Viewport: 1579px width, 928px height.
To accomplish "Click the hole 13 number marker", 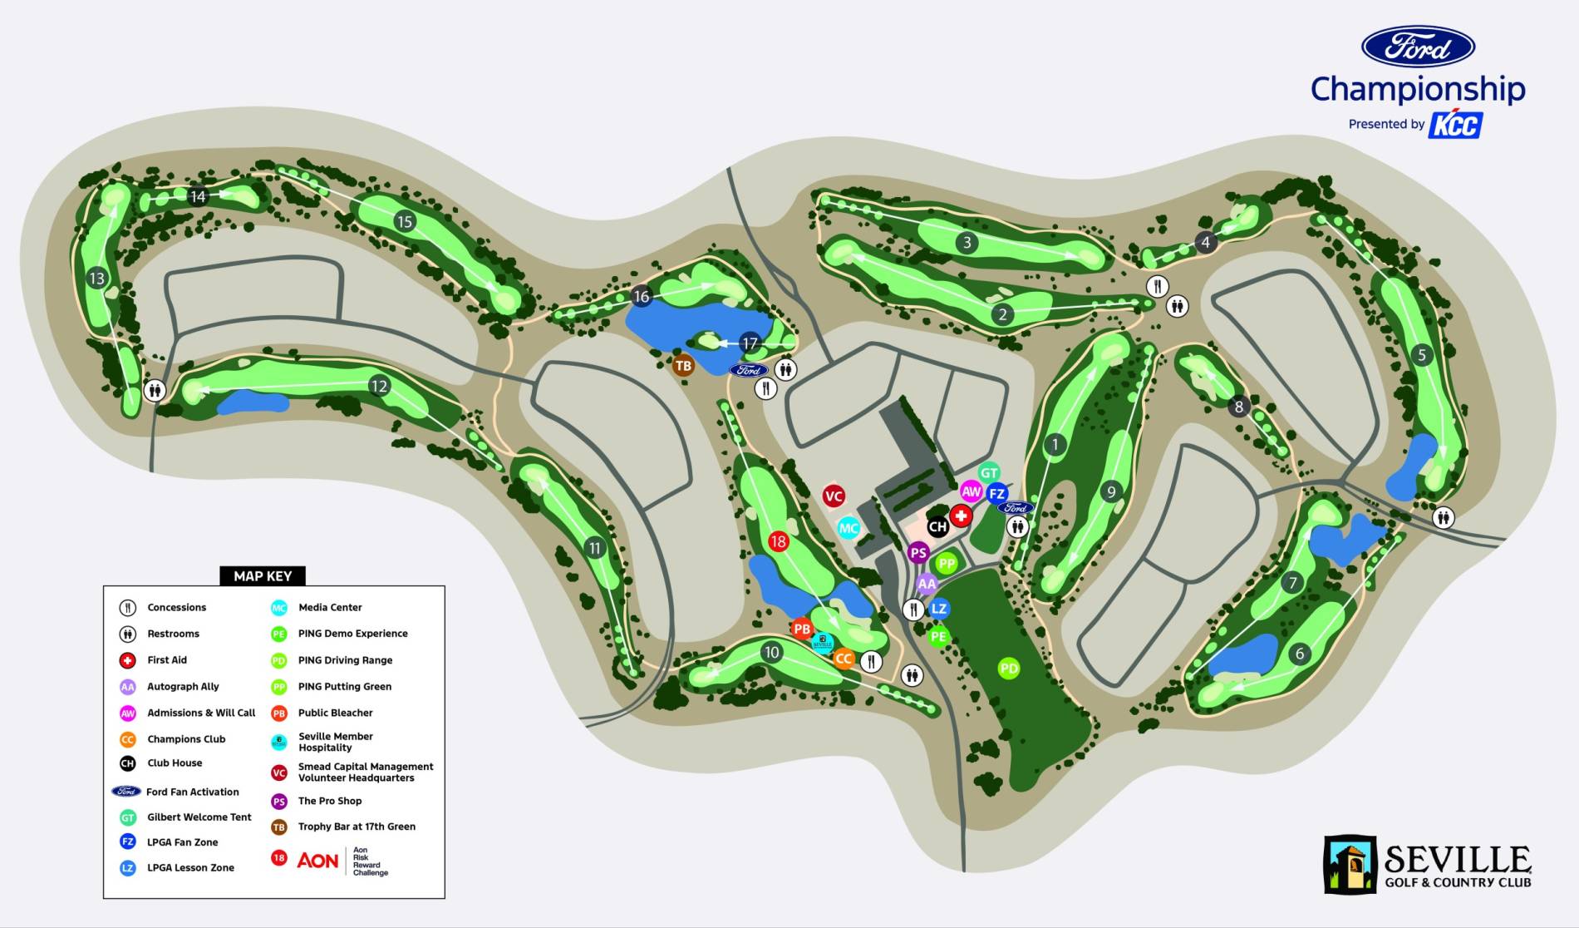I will [x=97, y=278].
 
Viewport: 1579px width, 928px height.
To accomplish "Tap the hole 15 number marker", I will [x=405, y=221].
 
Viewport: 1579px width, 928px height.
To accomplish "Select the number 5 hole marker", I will [x=1422, y=355].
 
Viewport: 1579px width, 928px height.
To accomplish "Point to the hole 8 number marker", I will [x=1239, y=407].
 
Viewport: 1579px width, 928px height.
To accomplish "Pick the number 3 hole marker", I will [x=967, y=243].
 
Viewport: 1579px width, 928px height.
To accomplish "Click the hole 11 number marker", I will [x=594, y=548].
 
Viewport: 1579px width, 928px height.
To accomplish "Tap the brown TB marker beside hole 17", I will [x=683, y=366].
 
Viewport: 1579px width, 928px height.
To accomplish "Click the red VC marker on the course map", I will [x=834, y=496].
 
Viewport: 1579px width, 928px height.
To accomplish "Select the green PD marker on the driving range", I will [x=1008, y=668].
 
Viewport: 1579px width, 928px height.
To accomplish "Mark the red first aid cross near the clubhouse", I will [x=961, y=516].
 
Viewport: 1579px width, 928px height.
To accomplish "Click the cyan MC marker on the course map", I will [x=848, y=528].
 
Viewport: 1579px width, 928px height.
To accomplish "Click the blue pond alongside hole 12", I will [x=253, y=402].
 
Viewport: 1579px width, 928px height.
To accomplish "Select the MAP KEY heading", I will [x=263, y=575].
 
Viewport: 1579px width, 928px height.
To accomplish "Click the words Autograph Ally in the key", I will [x=183, y=686].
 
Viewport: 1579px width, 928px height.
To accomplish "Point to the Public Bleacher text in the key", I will [x=335, y=713].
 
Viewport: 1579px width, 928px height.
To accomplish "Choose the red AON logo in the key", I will [x=317, y=861].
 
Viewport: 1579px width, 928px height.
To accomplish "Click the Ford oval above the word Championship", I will [x=1418, y=47].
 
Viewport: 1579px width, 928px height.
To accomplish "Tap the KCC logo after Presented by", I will [x=1455, y=125].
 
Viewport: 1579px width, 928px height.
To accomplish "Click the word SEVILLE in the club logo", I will [x=1457, y=859].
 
